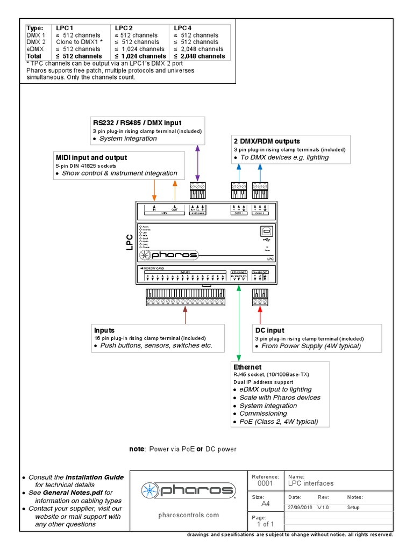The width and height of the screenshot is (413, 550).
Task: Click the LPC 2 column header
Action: (123, 28)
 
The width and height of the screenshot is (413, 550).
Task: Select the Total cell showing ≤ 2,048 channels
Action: (199, 56)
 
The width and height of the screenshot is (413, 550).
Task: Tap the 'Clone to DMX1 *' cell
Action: (79, 42)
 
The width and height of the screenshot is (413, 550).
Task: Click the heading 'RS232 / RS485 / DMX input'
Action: (137, 123)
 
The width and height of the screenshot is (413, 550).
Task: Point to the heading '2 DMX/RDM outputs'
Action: (266, 141)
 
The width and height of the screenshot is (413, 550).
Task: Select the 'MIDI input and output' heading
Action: (91, 157)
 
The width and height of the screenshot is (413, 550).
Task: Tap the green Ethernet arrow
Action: (238, 322)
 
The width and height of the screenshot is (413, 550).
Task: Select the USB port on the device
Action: (267, 230)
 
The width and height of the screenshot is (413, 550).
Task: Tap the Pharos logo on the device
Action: (169, 255)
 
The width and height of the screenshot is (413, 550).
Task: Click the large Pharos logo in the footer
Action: (188, 490)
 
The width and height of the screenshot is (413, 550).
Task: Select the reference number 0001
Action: (265, 483)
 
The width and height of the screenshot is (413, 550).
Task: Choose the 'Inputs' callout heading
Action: (104, 330)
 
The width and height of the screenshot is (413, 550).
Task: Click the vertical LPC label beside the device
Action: (130, 242)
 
